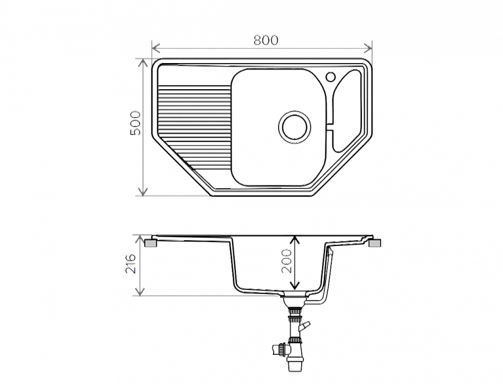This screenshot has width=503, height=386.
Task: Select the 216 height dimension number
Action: click(131, 266)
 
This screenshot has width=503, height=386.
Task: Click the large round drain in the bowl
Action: click(294, 126)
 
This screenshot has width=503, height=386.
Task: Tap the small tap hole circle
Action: click(331, 77)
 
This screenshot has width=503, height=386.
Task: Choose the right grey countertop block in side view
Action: click(375, 245)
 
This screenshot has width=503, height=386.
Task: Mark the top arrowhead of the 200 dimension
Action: click(294, 240)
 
